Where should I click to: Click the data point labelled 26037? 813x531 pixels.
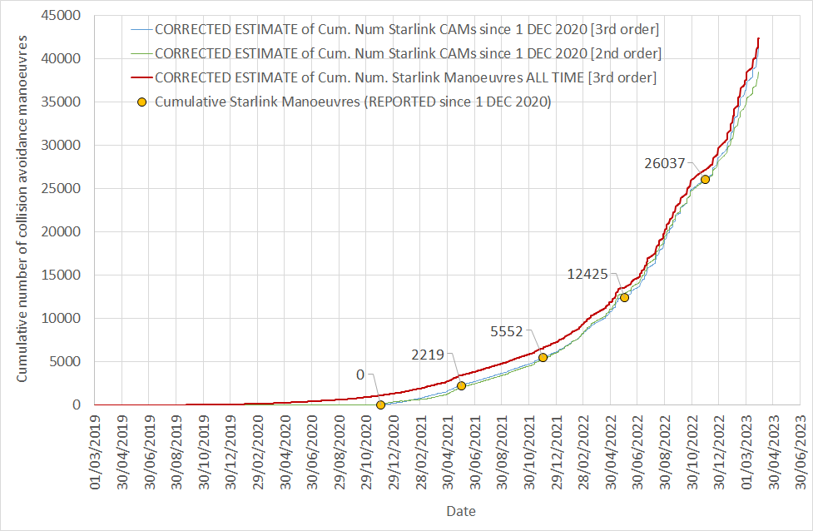point(705,179)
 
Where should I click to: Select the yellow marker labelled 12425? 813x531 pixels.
point(624,297)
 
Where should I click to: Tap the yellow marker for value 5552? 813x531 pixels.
point(543,357)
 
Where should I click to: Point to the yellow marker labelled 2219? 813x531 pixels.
point(461,385)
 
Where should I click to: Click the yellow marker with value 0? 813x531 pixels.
point(380,404)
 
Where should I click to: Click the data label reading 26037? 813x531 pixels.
point(664,164)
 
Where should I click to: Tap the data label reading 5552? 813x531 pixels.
point(505,331)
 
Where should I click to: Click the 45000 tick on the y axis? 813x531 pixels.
point(64,16)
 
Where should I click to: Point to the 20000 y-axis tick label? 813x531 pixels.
point(64,231)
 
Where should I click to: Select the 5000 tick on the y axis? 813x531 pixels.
point(67,361)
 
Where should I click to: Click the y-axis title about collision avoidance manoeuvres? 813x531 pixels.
point(22,209)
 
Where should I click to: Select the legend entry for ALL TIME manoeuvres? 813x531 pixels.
point(405,77)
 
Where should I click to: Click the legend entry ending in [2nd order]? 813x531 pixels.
point(408,53)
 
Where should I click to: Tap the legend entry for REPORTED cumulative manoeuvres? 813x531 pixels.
point(353,102)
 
